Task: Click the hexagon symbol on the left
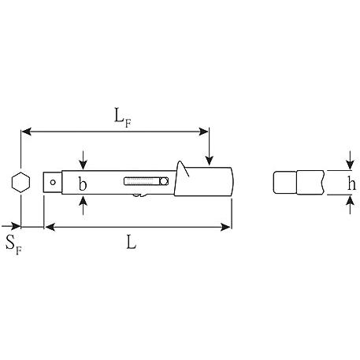tap(20, 183)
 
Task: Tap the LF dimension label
tap(123, 117)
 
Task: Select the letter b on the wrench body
tap(83, 184)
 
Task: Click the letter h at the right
tap(351, 183)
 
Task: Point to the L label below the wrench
tap(132, 242)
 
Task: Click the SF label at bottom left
tap(13, 245)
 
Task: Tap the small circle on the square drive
tap(53, 182)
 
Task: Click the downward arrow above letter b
tap(83, 160)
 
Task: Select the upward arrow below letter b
tap(83, 206)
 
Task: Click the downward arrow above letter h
tap(350, 160)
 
